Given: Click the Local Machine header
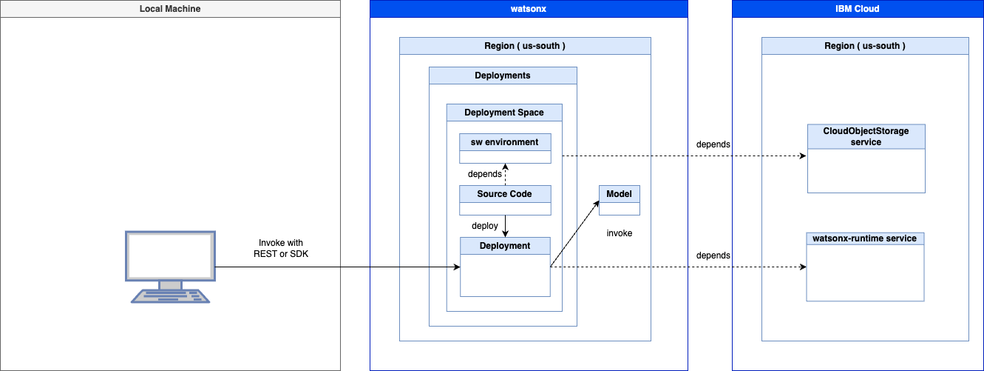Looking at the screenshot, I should pyautogui.click(x=170, y=9).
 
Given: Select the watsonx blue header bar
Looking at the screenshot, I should pyautogui.click(x=529, y=9).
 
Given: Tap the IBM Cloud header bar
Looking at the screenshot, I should pyautogui.click(x=858, y=9).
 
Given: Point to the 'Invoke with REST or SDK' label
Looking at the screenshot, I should pyautogui.click(x=281, y=249).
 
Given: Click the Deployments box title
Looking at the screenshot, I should pyautogui.click(x=503, y=76).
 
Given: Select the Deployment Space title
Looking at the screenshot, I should pyautogui.click(x=504, y=113).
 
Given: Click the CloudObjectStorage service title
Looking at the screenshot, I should pyautogui.click(x=866, y=136).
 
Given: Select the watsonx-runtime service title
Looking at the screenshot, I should pyautogui.click(x=865, y=238).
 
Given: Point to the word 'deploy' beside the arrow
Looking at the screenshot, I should pyautogui.click(x=484, y=226).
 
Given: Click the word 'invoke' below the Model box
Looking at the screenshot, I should pyautogui.click(x=620, y=233).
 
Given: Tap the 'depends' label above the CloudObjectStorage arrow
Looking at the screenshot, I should pyautogui.click(x=713, y=144).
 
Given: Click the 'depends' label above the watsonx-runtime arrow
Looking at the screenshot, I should pyautogui.click(x=713, y=255).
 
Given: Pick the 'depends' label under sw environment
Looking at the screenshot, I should pyautogui.click(x=484, y=174).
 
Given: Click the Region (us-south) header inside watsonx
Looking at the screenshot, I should pyautogui.click(x=525, y=46).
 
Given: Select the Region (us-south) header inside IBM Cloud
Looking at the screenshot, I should pyautogui.click(x=865, y=46).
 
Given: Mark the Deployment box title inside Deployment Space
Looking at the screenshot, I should pyautogui.click(x=505, y=246).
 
